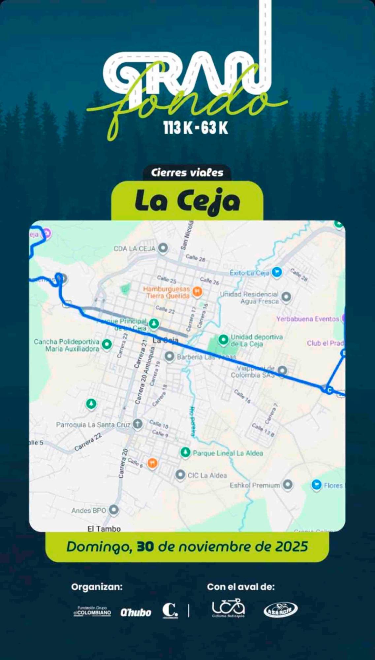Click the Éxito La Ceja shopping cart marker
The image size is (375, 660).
(x=277, y=272)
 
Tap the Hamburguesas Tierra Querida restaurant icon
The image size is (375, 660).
(x=197, y=291)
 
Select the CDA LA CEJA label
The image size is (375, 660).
(x=134, y=248)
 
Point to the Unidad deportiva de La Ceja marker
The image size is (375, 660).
(x=223, y=339)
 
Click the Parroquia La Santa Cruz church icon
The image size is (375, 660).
(x=138, y=424)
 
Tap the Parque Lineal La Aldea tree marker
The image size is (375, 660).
(x=185, y=452)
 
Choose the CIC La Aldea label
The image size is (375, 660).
(x=207, y=475)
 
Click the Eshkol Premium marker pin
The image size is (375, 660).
(x=288, y=484)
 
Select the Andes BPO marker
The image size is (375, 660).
(x=114, y=510)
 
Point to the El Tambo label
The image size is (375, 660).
(x=104, y=529)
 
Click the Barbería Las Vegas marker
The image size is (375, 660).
(x=169, y=356)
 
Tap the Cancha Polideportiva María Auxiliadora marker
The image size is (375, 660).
(x=107, y=344)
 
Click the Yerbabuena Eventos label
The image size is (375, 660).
(x=307, y=319)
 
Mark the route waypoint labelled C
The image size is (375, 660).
(x=329, y=390)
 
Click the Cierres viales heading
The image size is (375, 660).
(x=187, y=173)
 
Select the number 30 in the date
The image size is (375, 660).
(x=145, y=547)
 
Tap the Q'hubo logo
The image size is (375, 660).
(x=136, y=612)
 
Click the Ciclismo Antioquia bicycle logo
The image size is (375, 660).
(x=228, y=608)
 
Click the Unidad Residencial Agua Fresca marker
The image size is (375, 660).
(x=286, y=297)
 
